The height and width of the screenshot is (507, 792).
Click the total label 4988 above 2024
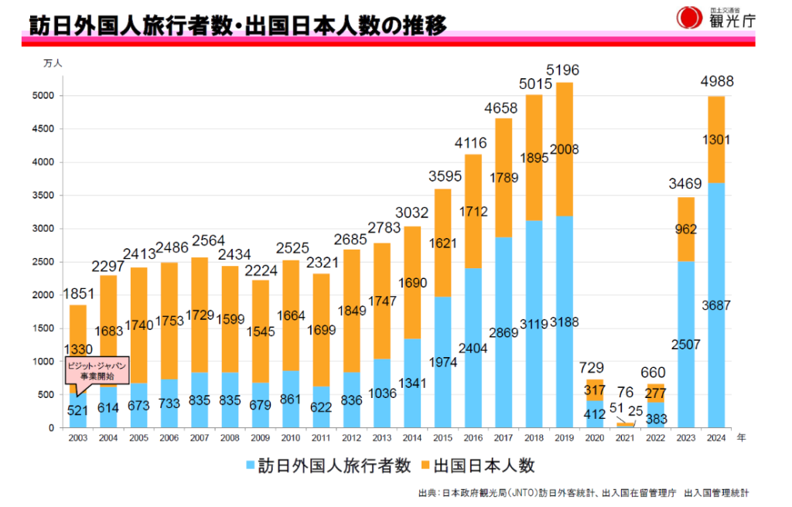[716, 83]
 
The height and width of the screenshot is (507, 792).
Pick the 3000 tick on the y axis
[43, 229]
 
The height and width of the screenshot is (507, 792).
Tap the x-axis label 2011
[321, 438]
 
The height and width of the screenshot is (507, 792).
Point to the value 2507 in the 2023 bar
[686, 344]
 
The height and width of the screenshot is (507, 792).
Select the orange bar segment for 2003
[78, 340]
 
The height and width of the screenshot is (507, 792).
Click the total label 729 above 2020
[594, 368]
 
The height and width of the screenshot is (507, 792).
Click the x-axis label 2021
[624, 438]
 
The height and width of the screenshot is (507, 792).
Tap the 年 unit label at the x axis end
[741, 437]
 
